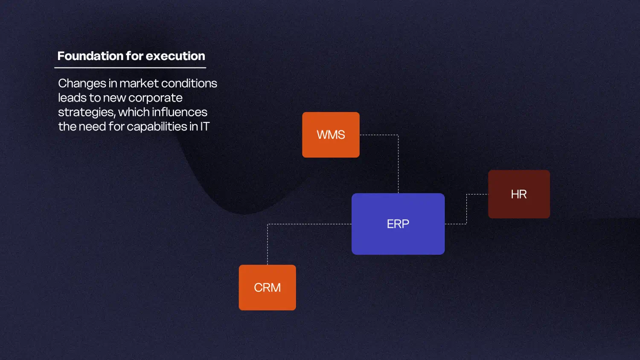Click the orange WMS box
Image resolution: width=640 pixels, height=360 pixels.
click(x=331, y=135)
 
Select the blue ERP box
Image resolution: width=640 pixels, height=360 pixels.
click(x=398, y=224)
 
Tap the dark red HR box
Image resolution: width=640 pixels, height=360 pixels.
click(x=519, y=194)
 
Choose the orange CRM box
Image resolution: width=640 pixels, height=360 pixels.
click(x=267, y=287)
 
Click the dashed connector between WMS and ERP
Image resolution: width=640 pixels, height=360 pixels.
click(x=398, y=162)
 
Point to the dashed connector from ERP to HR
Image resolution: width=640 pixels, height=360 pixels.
click(x=466, y=209)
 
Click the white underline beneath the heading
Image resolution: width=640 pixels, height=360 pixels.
click(x=130, y=68)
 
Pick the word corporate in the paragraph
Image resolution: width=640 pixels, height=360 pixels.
click(x=155, y=98)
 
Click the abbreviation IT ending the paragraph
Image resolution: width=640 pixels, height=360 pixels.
click(x=205, y=127)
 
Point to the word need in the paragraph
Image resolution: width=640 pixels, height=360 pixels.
click(x=93, y=127)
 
